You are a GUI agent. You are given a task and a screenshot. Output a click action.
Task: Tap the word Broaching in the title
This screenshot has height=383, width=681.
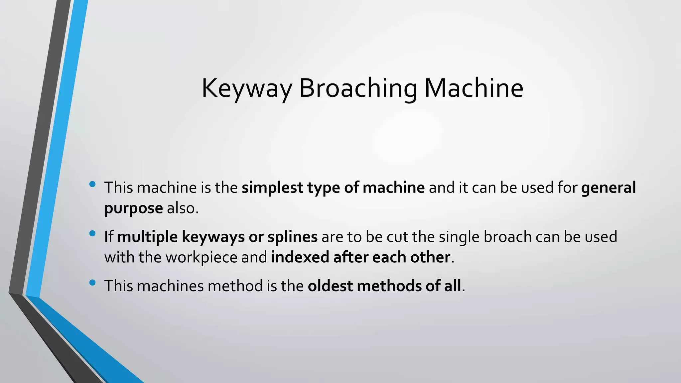[358, 88]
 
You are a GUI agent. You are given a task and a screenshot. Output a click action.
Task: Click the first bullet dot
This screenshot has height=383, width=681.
[92, 184]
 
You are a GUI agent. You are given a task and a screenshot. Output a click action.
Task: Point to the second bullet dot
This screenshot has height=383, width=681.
[92, 233]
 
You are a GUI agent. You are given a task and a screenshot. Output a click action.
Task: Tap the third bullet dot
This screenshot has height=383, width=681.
[92, 283]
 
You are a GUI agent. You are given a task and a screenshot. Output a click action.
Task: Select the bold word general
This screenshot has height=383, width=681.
[608, 188]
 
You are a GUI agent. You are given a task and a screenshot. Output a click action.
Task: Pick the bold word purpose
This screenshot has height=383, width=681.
[133, 209]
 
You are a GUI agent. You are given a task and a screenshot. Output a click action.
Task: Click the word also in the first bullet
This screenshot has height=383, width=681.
[182, 208]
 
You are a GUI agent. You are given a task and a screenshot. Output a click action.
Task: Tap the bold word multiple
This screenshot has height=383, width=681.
[147, 237]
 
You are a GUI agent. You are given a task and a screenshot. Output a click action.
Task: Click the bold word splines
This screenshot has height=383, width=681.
[293, 237]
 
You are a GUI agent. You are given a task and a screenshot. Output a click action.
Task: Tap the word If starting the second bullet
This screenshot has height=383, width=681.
[108, 237]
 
